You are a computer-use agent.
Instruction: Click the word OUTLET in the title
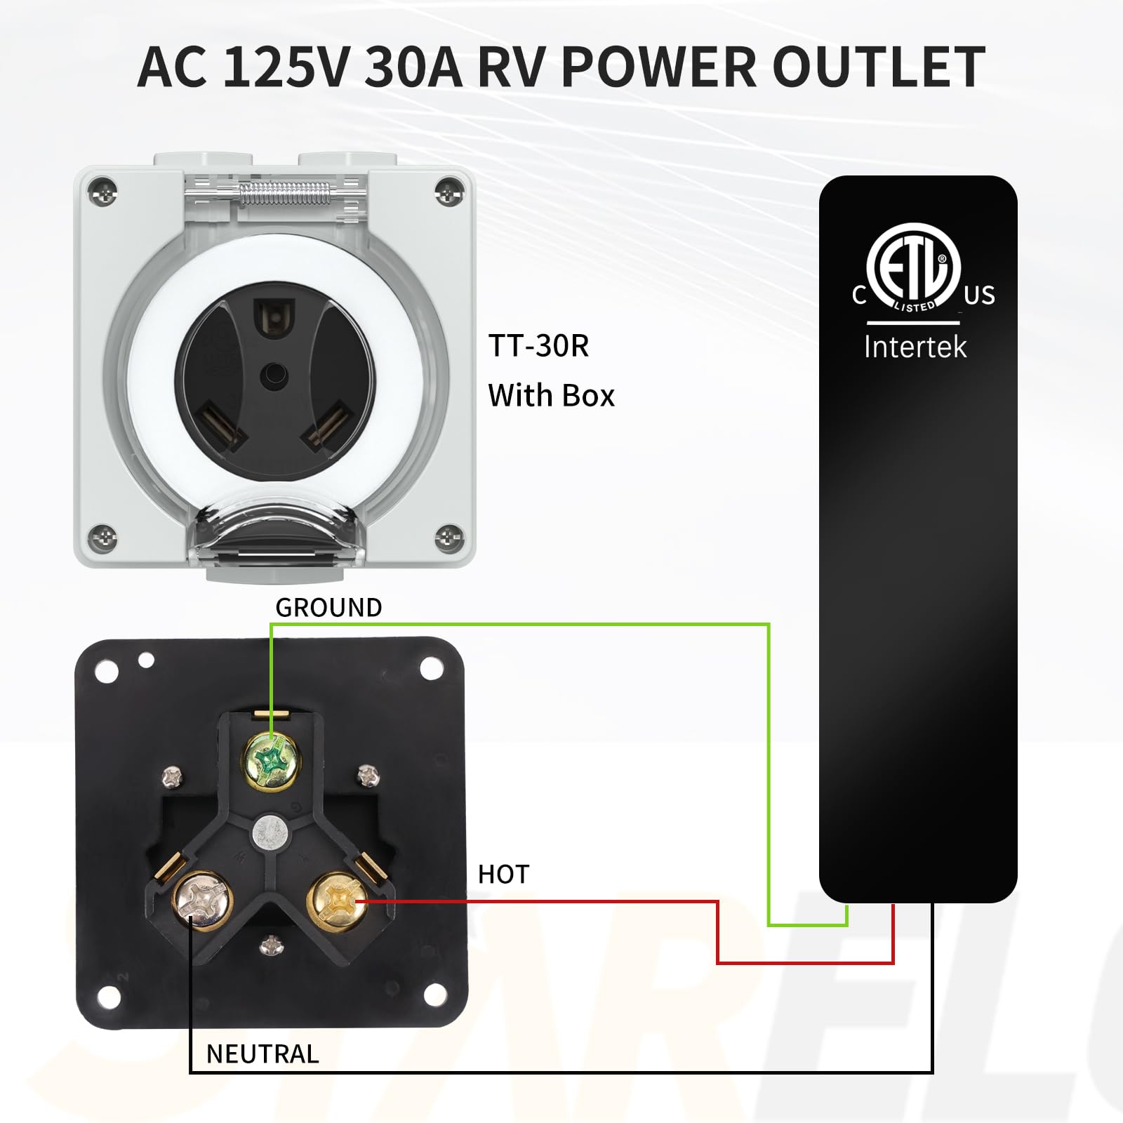[x=879, y=67]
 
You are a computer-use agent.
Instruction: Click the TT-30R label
[x=538, y=345]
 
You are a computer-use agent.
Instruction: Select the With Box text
[x=551, y=396]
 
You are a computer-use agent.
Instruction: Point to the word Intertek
[x=915, y=347]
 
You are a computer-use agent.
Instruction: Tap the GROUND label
[x=328, y=607]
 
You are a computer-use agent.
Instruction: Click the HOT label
[x=503, y=875]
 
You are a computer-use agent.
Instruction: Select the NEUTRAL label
[x=263, y=1054]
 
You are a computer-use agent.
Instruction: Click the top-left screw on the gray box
[x=106, y=190]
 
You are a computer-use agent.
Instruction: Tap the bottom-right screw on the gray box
[x=447, y=538]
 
